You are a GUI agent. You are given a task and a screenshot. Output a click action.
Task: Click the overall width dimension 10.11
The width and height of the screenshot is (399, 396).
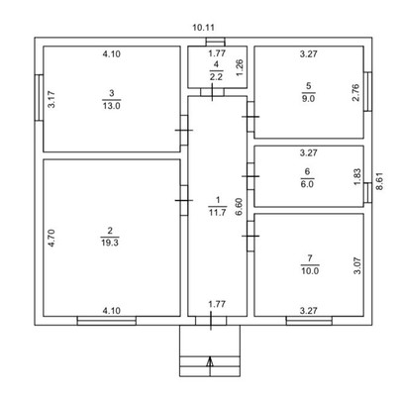point(203,28)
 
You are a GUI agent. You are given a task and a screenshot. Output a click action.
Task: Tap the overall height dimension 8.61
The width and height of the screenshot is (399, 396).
point(380,181)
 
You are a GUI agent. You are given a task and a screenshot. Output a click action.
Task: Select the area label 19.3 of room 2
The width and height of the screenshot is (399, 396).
point(110,243)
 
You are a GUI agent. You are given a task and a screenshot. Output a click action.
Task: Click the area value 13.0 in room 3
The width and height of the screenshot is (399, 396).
point(112,106)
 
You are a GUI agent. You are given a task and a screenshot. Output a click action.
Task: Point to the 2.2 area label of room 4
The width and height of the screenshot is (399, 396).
point(216,77)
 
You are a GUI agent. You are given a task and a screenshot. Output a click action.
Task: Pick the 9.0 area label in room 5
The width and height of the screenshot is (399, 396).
point(308,98)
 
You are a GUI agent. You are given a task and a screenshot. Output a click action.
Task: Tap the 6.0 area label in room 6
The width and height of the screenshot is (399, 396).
point(307,184)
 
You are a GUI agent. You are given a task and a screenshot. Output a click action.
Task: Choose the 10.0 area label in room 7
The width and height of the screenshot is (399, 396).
point(310,271)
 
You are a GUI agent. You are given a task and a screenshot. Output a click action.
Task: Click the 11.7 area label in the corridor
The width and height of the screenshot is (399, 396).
point(217,213)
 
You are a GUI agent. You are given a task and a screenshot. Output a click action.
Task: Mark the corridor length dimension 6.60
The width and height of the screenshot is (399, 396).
point(239,207)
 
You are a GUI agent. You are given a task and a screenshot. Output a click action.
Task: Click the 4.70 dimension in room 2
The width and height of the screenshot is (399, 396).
point(51,239)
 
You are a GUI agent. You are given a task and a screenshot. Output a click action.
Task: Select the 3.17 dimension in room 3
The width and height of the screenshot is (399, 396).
point(51,100)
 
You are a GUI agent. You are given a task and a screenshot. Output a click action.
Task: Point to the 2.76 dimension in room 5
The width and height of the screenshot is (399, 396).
point(355,93)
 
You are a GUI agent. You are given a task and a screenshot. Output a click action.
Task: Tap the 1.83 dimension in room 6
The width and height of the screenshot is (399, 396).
point(357,177)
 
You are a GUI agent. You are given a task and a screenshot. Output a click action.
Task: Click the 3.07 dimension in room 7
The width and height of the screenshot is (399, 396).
point(358,265)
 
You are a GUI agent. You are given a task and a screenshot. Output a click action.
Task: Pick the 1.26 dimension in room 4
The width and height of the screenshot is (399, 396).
point(240,67)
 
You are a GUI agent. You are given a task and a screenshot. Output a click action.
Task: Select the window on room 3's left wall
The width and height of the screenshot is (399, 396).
point(40,97)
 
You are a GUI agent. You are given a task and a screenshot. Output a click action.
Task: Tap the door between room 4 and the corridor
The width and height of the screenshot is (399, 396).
point(212,92)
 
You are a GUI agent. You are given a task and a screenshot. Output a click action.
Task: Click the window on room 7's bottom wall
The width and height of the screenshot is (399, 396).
point(309,321)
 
